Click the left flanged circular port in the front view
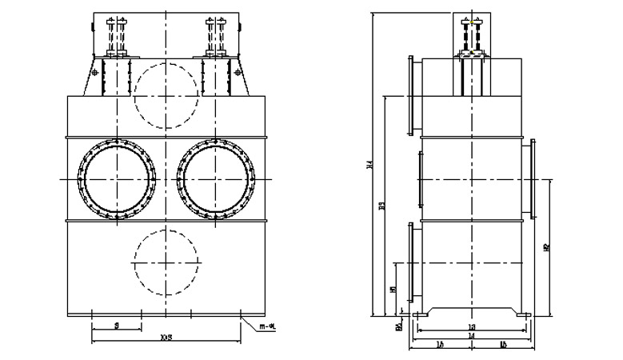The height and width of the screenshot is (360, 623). click(117, 179)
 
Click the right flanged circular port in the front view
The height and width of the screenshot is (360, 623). click(216, 179)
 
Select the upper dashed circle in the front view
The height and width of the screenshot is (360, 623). click(166, 93)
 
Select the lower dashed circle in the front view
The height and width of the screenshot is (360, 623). click(166, 260)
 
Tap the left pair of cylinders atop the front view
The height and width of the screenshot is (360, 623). click(117, 37)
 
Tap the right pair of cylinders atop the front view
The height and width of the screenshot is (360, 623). click(216, 37)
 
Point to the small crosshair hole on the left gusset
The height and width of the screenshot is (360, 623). click(96, 74)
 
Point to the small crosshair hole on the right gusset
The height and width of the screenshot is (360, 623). click(238, 74)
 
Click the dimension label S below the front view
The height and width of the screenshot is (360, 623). click(117, 326)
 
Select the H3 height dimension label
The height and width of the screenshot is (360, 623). click(382, 206)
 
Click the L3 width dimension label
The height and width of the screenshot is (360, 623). click(471, 328)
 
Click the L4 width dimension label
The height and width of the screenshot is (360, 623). click(471, 338)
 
